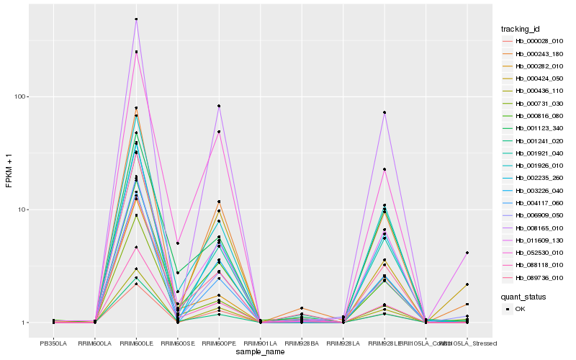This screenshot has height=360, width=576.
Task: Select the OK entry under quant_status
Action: pos(526,308)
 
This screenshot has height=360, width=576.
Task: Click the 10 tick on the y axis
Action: pos(22,210)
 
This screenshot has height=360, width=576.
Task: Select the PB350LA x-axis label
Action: pos(53,343)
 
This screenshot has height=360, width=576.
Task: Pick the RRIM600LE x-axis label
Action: pos(136,343)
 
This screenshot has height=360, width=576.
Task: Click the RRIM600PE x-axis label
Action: pos(219,343)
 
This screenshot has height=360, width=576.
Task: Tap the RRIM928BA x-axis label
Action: pos(302,343)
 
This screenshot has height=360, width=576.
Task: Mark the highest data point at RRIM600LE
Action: pos(136,19)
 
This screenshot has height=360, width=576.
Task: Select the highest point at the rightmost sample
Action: pos(467,253)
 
